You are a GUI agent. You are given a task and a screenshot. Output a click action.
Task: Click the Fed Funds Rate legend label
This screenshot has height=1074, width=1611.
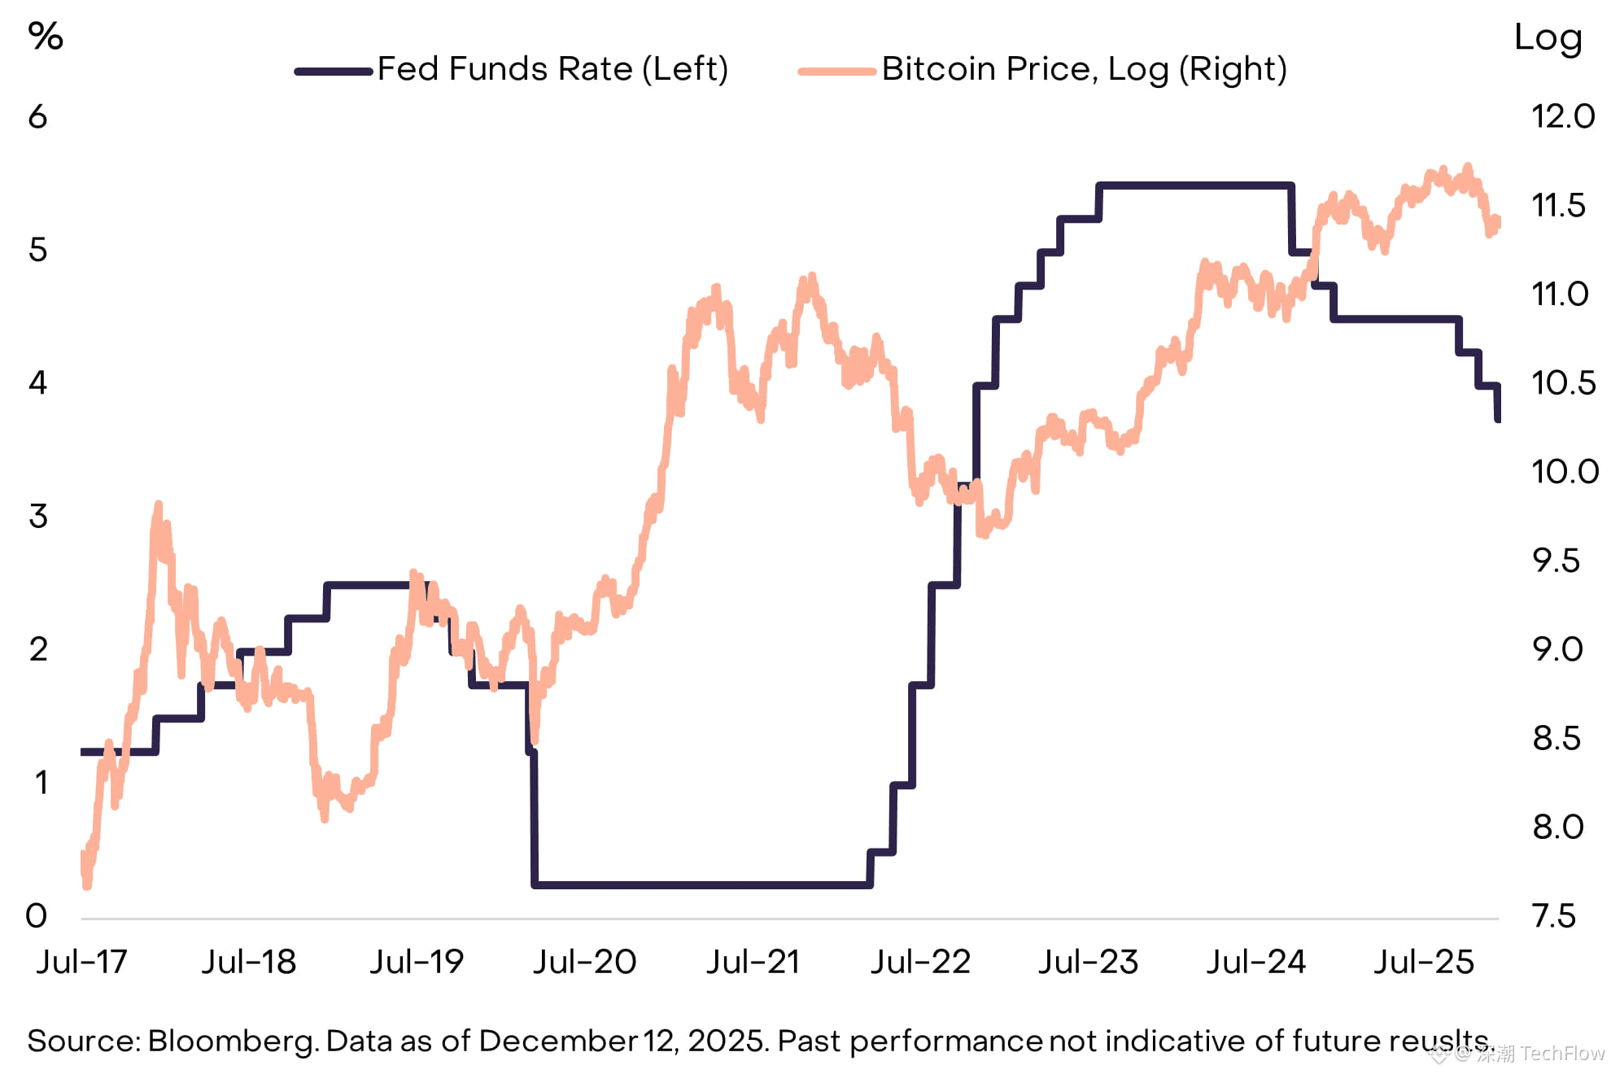(552, 69)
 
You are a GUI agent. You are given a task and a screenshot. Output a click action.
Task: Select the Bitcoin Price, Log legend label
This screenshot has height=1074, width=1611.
(1084, 69)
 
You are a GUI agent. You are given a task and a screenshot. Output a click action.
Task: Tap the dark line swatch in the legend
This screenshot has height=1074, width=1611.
(334, 72)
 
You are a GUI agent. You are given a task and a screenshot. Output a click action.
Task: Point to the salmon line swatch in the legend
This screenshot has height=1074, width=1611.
(837, 72)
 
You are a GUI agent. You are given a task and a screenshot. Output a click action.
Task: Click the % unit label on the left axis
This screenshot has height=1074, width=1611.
(46, 37)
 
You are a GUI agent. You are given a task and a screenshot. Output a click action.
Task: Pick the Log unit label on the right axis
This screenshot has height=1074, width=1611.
(1548, 38)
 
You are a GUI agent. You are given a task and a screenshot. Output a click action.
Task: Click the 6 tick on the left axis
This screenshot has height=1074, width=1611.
(38, 117)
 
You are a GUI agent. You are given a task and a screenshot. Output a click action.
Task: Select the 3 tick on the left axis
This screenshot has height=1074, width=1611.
(38, 517)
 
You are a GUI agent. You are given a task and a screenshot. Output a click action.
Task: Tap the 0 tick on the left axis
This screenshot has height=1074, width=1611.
(37, 916)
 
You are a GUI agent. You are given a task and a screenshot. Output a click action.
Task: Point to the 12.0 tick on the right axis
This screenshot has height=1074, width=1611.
(1563, 116)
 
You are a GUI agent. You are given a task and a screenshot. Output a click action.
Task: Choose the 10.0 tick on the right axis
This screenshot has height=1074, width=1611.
(1565, 472)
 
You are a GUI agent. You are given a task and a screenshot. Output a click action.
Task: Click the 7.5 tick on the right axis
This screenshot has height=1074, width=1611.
(1554, 916)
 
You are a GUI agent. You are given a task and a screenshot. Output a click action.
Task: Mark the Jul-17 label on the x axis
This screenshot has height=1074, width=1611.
(82, 963)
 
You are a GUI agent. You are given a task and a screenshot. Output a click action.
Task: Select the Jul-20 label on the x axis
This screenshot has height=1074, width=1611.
(584, 963)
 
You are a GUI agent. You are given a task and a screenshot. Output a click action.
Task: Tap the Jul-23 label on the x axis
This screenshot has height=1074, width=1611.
(1088, 963)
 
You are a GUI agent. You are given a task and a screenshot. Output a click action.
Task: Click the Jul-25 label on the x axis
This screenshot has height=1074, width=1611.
(1424, 963)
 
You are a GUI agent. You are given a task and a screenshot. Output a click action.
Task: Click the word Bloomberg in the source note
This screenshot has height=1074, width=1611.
(232, 1041)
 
